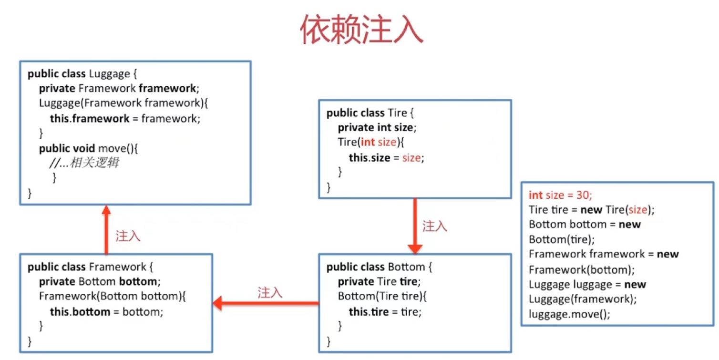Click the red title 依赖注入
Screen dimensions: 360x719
tap(362, 31)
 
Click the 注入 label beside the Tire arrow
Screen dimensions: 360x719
tap(434, 226)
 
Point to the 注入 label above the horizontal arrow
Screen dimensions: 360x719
tap(270, 292)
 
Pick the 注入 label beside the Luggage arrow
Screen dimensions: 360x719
tap(128, 236)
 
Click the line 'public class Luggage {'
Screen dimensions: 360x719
tap(82, 74)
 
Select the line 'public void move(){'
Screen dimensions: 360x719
tap(88, 148)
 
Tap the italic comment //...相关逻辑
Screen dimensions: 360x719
tap(84, 163)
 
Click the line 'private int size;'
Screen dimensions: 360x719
tap(377, 127)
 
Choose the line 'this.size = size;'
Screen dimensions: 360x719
tap(386, 158)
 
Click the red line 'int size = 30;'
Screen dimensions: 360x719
tap(560, 195)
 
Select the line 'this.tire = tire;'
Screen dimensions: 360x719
tap(385, 312)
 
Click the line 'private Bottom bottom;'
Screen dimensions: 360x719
tap(98, 281)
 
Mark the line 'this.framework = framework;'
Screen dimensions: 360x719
tap(125, 119)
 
